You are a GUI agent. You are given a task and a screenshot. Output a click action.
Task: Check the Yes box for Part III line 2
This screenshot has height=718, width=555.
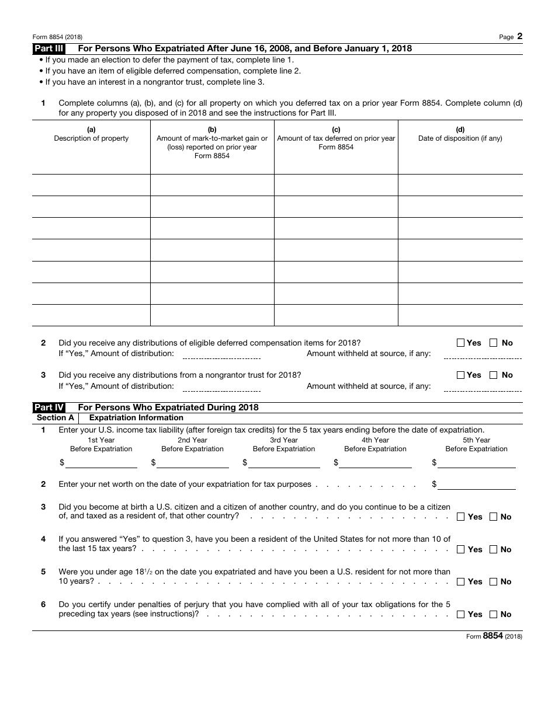(460, 343)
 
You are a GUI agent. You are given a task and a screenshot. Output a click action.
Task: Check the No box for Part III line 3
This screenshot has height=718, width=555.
(494, 375)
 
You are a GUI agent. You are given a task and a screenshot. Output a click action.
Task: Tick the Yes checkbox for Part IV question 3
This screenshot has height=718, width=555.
(461, 517)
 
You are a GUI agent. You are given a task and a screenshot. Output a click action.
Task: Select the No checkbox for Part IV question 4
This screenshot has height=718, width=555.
(494, 549)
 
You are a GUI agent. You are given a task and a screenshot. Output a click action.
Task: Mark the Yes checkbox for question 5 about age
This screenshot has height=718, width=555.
(461, 581)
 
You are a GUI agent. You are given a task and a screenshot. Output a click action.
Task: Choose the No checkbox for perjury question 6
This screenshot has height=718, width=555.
(494, 614)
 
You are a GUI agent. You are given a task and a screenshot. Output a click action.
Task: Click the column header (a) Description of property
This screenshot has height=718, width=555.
(91, 134)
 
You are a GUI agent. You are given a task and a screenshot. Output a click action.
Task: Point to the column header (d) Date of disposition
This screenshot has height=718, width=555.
(460, 134)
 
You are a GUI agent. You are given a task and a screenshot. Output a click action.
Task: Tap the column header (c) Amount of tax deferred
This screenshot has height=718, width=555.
(336, 138)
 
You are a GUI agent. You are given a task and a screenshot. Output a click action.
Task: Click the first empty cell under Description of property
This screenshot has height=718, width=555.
(91, 185)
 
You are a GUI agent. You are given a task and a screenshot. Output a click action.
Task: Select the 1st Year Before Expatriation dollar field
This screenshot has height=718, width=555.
(102, 462)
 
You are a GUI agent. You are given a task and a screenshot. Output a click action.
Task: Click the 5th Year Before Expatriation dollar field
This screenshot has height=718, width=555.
(477, 462)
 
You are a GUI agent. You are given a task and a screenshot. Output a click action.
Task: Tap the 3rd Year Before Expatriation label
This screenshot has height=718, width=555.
(284, 444)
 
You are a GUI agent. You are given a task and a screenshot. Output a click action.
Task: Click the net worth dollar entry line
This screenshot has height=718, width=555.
(477, 484)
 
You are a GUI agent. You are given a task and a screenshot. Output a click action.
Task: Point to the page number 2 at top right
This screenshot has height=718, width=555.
(519, 36)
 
